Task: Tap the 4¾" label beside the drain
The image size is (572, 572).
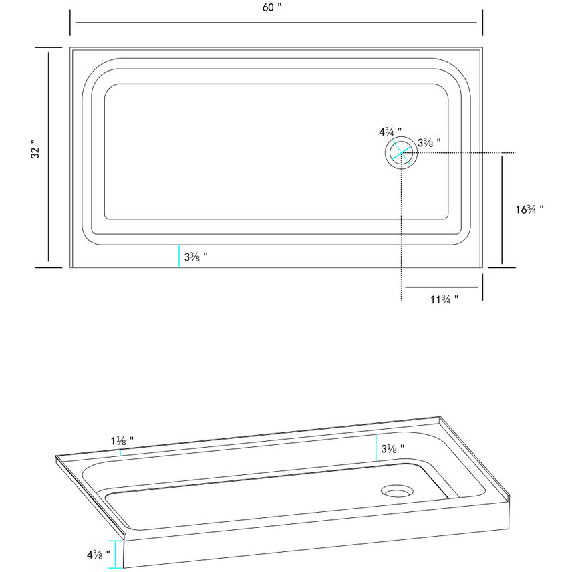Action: [390, 131]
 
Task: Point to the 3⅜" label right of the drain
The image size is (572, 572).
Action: [429, 142]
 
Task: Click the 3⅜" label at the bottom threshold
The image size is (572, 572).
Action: [196, 257]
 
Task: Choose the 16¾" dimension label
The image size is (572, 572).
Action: [529, 209]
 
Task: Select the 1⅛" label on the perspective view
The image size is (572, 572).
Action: [122, 441]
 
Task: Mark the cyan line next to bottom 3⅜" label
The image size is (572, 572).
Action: [179, 257]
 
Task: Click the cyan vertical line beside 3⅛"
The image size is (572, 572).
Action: [376, 448]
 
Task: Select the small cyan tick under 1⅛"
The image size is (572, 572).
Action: [120, 452]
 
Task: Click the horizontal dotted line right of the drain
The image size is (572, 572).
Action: [468, 153]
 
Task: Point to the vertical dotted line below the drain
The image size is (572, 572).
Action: [400, 234]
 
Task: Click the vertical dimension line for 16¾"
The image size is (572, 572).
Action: [502, 210]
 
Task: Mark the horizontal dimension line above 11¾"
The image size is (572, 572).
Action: [440, 287]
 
